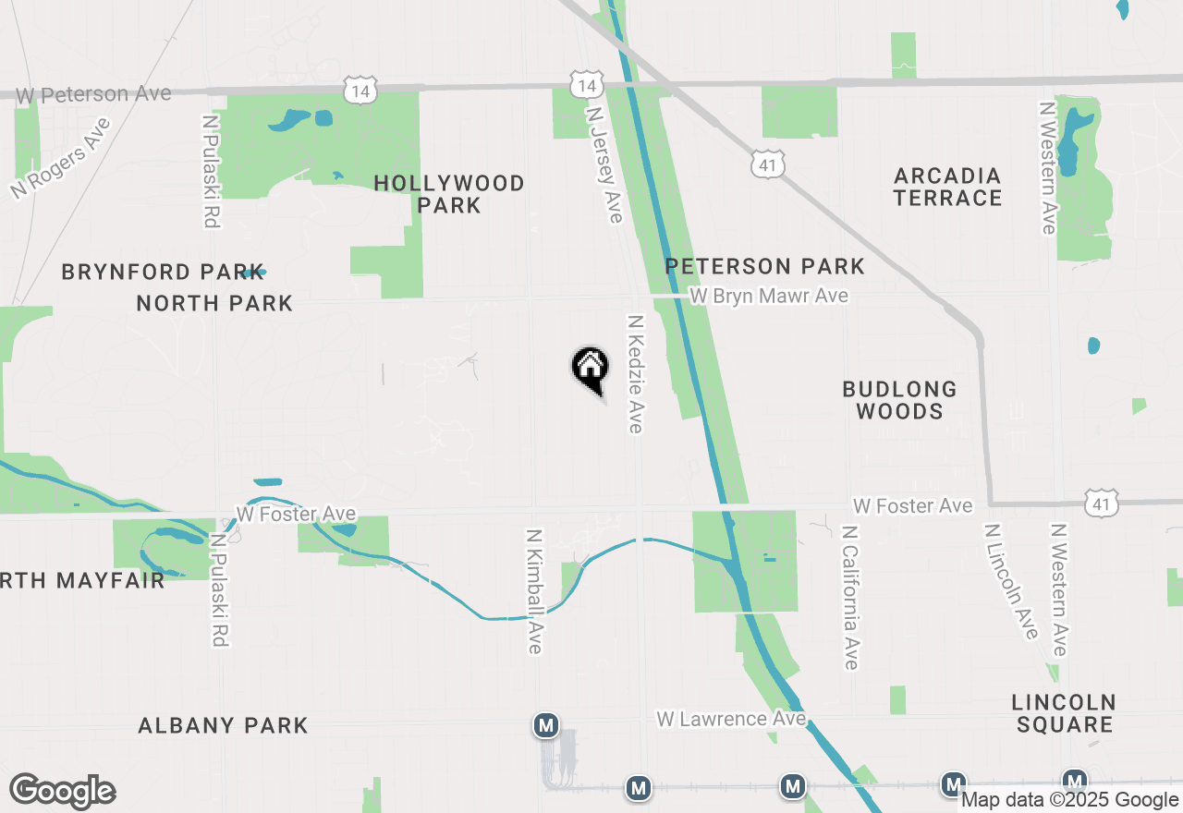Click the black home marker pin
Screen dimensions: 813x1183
coord(590,368)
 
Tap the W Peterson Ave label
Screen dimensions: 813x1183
coord(93,94)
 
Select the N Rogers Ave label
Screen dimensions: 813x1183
coord(61,159)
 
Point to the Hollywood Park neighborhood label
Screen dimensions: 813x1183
coord(449,194)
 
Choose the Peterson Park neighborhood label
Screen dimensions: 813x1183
coord(765,267)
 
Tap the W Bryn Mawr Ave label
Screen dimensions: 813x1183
coord(770,296)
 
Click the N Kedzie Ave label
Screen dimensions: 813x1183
coord(635,374)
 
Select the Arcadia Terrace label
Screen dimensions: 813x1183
coord(947,187)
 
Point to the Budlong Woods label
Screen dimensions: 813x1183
coord(899,400)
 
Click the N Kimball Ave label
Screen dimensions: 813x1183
coord(533,591)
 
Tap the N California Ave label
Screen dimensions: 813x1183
coord(850,598)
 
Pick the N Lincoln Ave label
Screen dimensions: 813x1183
coord(1011,582)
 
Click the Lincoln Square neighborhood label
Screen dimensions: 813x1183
coord(1064,713)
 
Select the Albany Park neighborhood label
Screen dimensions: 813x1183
coord(223,725)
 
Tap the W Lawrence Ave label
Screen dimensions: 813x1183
coord(731,719)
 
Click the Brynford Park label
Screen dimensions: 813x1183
coord(150,273)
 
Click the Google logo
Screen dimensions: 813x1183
coord(62,792)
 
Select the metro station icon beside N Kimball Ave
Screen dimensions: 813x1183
coord(546,725)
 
